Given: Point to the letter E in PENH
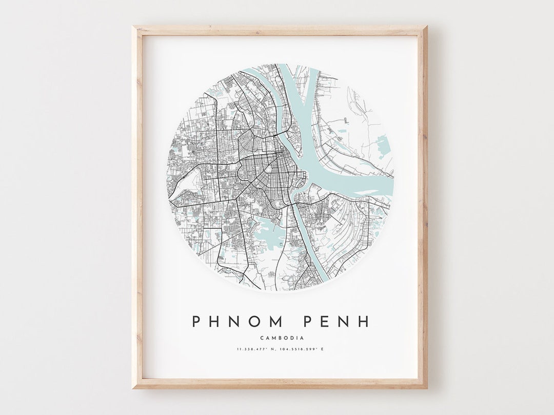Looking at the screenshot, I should pos(326,321).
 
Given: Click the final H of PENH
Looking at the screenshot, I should pos(363,321).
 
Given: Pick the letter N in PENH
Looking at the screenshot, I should pos(344,321).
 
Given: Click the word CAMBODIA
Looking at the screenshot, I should pos(282,338).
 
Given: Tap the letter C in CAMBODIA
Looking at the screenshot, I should pos(262,338).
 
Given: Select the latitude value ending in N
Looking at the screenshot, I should pos(255,349).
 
